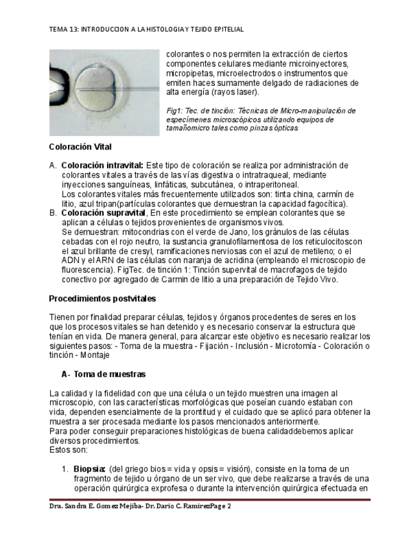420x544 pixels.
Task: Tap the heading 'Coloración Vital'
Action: [x=80, y=147]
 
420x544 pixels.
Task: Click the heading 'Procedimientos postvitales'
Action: [x=103, y=298]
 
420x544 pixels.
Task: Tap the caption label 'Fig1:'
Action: [x=174, y=111]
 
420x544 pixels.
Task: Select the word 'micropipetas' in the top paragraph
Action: [x=187, y=73]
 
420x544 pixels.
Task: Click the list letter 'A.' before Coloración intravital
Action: [x=53, y=166]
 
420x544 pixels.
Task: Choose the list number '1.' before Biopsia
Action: [x=65, y=469]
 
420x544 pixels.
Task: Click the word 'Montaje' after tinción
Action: [x=97, y=355]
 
